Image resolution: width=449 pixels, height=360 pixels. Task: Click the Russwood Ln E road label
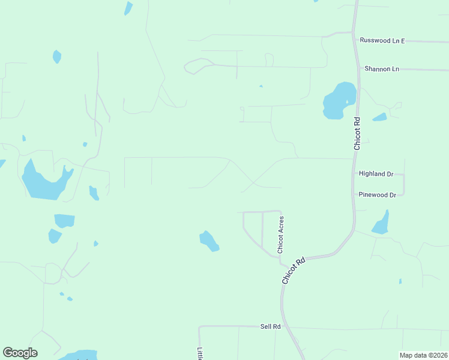382,40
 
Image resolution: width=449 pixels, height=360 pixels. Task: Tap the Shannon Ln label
382,69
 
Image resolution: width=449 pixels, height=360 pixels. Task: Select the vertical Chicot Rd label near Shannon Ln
357,133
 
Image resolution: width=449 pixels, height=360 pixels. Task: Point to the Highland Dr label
376,174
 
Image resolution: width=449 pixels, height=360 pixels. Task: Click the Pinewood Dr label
377,195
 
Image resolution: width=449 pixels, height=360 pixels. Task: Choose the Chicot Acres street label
280,234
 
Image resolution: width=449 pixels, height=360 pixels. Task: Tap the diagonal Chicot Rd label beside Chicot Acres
294,271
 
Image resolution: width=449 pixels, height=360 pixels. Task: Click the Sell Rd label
271,326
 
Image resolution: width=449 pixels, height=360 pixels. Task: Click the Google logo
20,353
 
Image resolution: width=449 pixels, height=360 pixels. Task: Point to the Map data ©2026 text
423,355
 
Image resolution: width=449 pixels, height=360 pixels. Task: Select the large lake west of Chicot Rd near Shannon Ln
338,101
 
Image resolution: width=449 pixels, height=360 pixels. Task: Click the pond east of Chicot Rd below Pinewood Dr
381,224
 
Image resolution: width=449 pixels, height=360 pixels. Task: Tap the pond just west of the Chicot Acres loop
209,241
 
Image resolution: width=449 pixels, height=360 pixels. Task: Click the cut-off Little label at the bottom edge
200,353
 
